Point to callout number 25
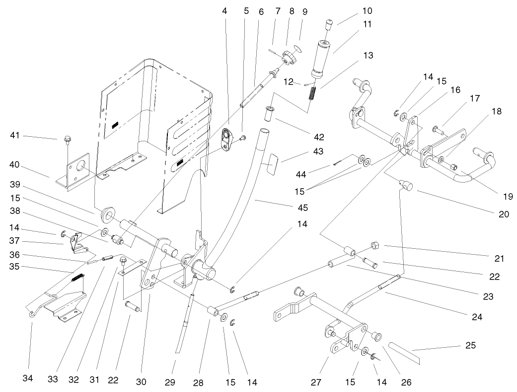(470, 345)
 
